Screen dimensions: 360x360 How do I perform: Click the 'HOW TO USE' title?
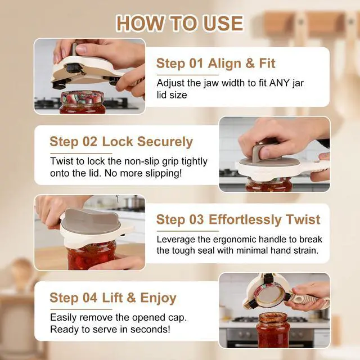click(x=179, y=23)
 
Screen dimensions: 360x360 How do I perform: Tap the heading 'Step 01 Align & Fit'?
click(x=215, y=63)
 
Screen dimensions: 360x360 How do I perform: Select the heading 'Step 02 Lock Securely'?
click(x=121, y=141)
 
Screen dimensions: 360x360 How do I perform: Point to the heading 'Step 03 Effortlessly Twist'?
click(x=238, y=219)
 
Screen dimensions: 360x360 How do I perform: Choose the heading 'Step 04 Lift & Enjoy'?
click(x=113, y=298)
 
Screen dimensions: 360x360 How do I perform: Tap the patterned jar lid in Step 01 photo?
click(x=82, y=97)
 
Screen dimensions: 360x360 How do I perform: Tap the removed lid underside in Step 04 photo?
click(x=271, y=296)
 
